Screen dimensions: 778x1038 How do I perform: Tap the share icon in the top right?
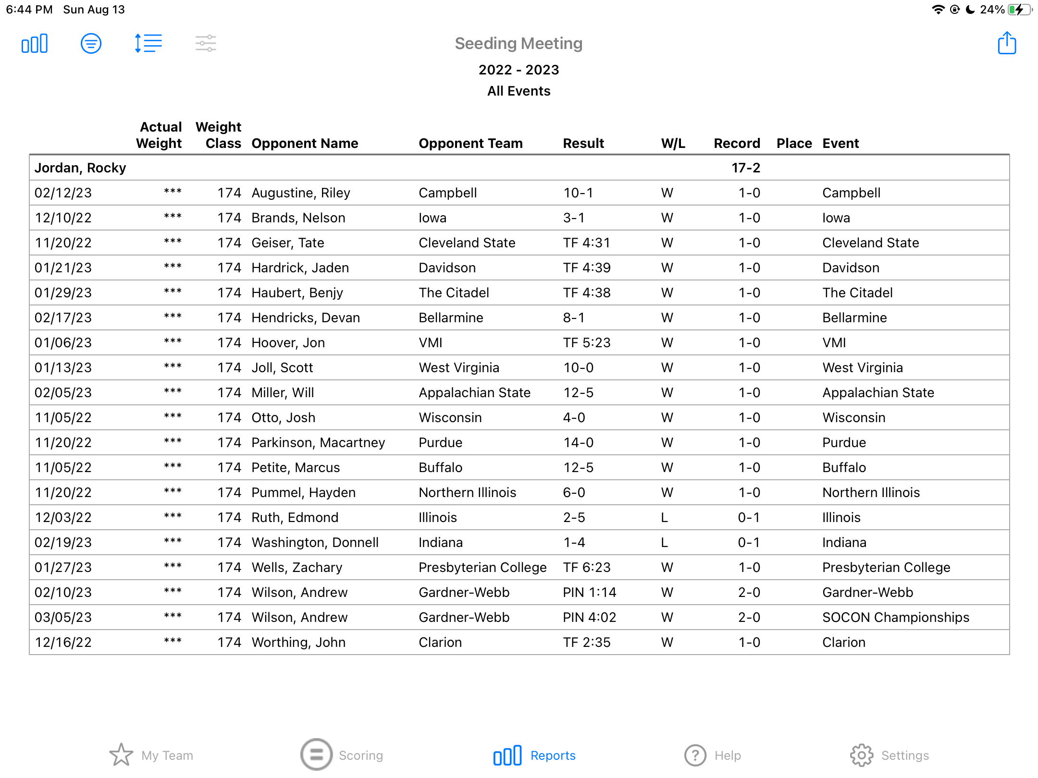pyautogui.click(x=1006, y=44)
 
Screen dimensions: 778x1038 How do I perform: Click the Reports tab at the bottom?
pyautogui.click(x=534, y=755)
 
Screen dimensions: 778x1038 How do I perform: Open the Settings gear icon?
pyautogui.click(x=861, y=755)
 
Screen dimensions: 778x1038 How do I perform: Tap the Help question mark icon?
pyautogui.click(x=695, y=755)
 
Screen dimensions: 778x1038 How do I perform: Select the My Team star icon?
pyautogui.click(x=121, y=755)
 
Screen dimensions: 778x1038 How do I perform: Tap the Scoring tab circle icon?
pyautogui.click(x=316, y=754)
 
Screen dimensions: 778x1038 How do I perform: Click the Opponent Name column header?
pyautogui.click(x=305, y=143)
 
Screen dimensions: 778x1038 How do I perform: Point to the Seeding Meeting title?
pyautogui.click(x=519, y=44)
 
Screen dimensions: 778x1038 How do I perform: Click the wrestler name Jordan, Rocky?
pyautogui.click(x=80, y=168)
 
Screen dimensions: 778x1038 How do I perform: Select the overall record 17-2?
pyautogui.click(x=746, y=168)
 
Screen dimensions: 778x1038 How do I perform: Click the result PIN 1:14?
pyautogui.click(x=589, y=592)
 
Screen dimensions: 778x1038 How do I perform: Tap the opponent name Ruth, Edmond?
pyautogui.click(x=295, y=517)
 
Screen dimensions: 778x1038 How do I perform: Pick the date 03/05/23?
pyautogui.click(x=63, y=617)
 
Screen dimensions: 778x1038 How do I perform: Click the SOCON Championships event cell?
pyautogui.click(x=895, y=617)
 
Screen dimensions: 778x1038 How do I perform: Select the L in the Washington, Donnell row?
pyautogui.click(x=665, y=542)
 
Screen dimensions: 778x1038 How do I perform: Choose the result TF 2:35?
pyautogui.click(x=586, y=642)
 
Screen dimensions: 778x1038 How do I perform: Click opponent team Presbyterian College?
pyautogui.click(x=482, y=567)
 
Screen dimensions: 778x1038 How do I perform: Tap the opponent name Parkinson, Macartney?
pyautogui.click(x=318, y=442)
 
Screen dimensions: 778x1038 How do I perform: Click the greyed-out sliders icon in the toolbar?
pyautogui.click(x=206, y=44)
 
